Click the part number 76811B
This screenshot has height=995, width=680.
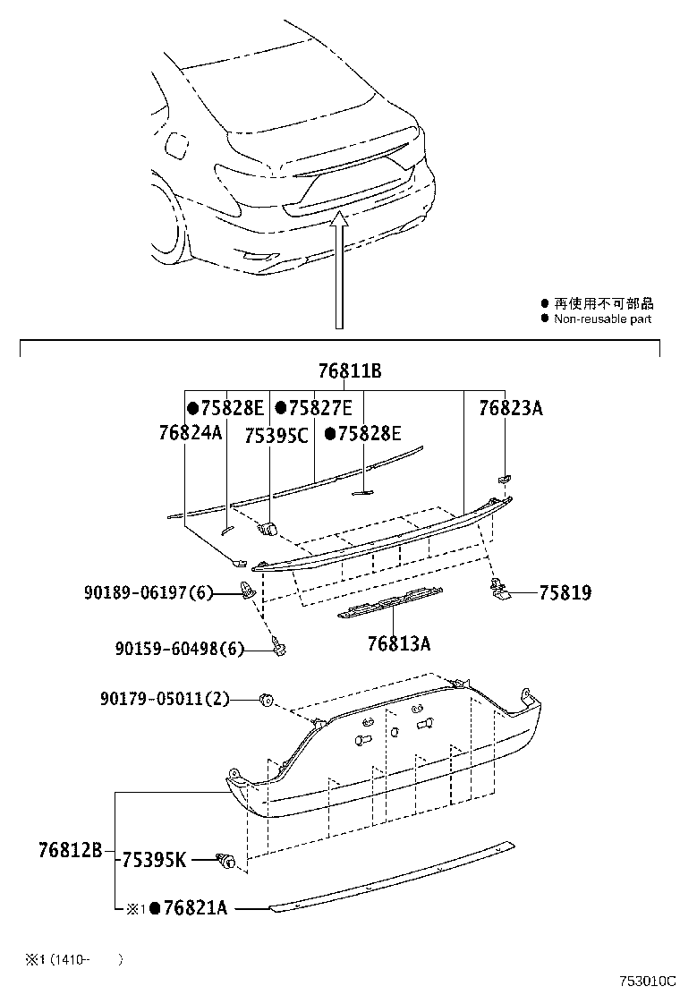point(350,371)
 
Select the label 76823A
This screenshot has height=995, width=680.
point(510,408)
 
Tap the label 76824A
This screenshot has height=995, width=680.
point(190,434)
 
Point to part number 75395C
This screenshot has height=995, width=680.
point(276,435)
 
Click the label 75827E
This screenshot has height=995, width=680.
point(313,408)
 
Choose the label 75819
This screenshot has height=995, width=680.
point(565,592)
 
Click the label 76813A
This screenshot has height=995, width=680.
point(399,642)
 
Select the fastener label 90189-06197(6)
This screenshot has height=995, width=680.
point(149,592)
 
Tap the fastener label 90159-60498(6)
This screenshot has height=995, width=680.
point(179,650)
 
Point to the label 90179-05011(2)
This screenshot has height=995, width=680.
point(164,699)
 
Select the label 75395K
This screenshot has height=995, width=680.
point(154,860)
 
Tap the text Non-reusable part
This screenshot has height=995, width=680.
point(602,319)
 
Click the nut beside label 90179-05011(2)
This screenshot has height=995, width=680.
point(266,699)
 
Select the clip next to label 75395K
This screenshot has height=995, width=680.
point(229,862)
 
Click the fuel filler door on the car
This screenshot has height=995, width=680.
point(178,144)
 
